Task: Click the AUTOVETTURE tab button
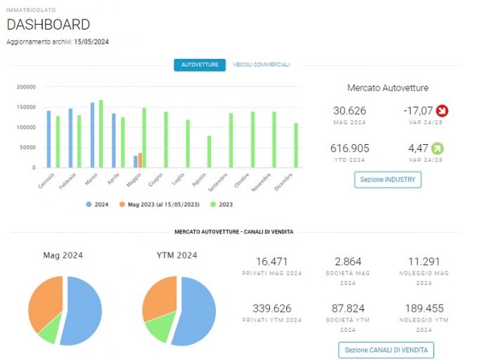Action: [x=200, y=65]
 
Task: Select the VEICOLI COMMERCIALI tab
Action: [x=262, y=65]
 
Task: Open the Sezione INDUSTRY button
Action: [x=387, y=180]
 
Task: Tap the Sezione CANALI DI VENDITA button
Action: [x=386, y=350]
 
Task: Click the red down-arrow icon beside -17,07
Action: [x=442, y=110]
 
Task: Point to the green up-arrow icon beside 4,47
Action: [x=437, y=148]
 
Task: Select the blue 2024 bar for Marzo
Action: [x=92, y=135]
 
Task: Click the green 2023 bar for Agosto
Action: [x=210, y=152]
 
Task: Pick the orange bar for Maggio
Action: [x=140, y=160]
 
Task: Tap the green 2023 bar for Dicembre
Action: [x=296, y=146]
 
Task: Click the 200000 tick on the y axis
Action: [x=26, y=87]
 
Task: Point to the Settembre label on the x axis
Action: [x=218, y=182]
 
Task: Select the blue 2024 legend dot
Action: [x=89, y=205]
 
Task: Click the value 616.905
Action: [x=349, y=148]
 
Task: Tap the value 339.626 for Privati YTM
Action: [x=272, y=309]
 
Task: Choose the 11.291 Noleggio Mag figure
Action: [x=424, y=262]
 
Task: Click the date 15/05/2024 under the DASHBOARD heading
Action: [x=91, y=42]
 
